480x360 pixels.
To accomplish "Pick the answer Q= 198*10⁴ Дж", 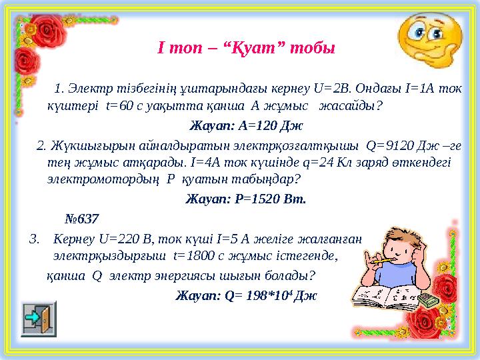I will (279, 296).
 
